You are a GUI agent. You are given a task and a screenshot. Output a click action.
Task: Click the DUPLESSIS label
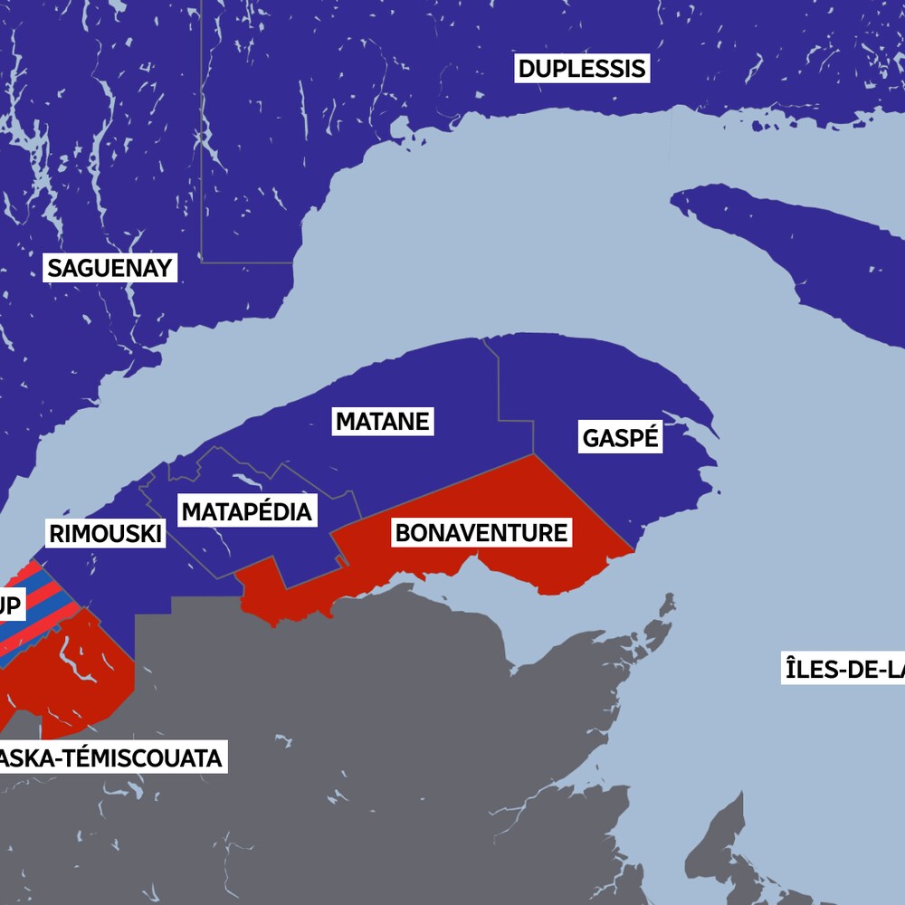582,69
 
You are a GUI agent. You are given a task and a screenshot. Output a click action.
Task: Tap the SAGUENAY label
110,268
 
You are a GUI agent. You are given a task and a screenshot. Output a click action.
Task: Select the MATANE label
382,421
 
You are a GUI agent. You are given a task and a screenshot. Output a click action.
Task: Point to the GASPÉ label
621,439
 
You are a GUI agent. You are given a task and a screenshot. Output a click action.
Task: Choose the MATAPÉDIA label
246,512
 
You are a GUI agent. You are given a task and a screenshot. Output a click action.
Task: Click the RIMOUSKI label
105,534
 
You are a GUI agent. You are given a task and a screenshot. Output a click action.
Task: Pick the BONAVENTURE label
481,533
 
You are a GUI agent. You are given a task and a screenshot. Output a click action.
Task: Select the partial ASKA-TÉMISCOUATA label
110,757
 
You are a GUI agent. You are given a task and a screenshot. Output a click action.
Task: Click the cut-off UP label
11,605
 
